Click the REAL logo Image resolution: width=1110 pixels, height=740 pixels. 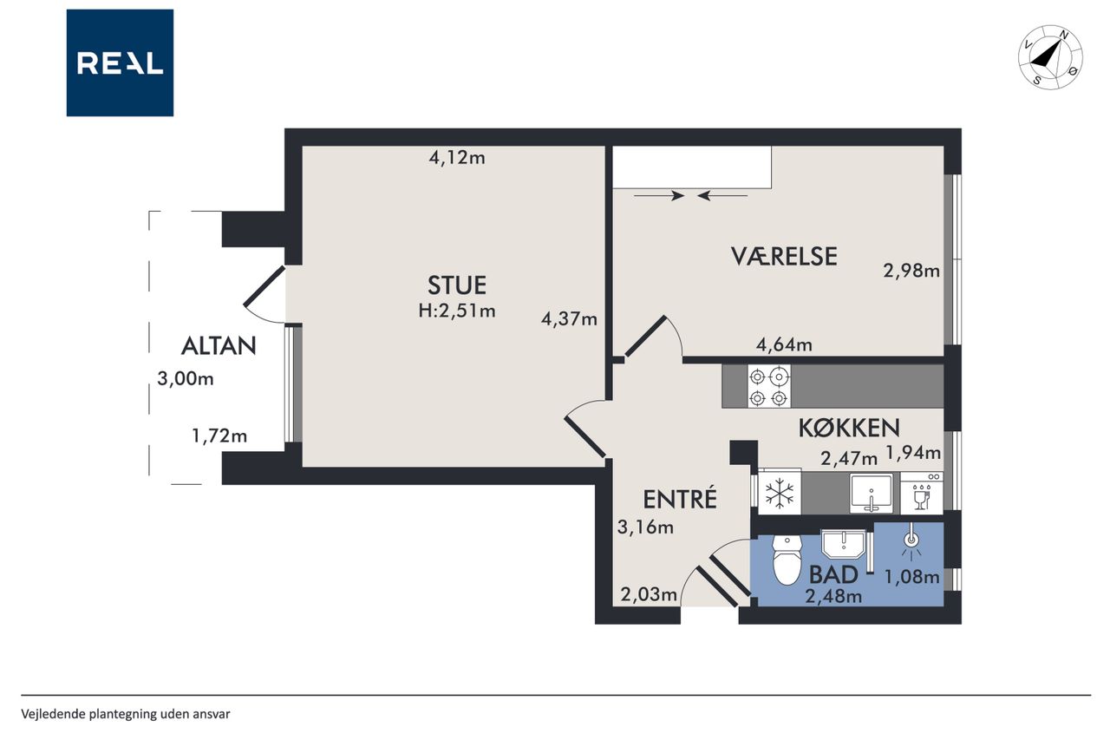(x=120, y=63)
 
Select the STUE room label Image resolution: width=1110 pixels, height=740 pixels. (x=457, y=285)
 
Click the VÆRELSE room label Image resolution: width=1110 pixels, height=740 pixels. (x=784, y=256)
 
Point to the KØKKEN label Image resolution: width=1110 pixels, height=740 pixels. (x=849, y=429)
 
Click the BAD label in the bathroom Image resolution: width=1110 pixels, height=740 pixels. (x=833, y=574)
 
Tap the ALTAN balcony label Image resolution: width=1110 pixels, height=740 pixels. (x=219, y=345)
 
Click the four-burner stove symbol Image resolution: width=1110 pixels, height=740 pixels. (x=768, y=387)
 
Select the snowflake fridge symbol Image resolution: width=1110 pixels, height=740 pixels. (x=780, y=494)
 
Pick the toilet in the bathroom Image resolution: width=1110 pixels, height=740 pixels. (x=787, y=560)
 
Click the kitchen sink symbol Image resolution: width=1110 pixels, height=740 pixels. (x=872, y=494)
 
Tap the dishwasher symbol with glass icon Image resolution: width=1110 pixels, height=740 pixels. (x=922, y=494)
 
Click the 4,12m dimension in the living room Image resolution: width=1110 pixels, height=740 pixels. (x=457, y=158)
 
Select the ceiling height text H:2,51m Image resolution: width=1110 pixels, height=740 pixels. (x=457, y=311)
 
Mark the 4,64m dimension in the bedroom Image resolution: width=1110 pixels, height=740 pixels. (x=784, y=344)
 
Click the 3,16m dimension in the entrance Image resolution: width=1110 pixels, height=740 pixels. (x=645, y=527)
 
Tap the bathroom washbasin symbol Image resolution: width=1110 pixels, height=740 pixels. (x=843, y=545)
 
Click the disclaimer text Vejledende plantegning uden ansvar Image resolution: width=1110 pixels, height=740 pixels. (x=126, y=714)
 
